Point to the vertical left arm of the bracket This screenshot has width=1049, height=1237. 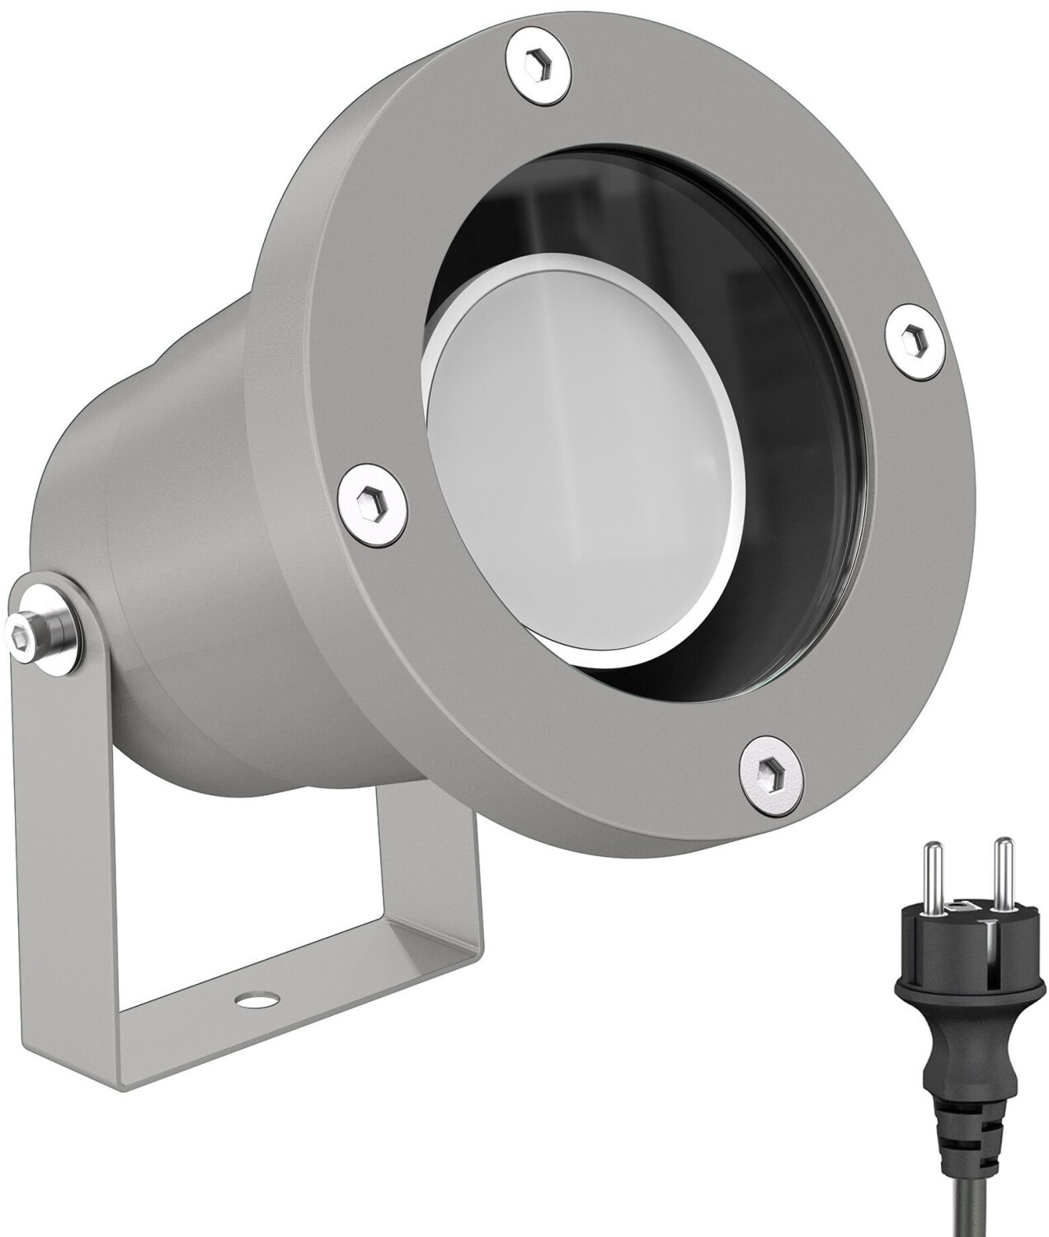(74, 825)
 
